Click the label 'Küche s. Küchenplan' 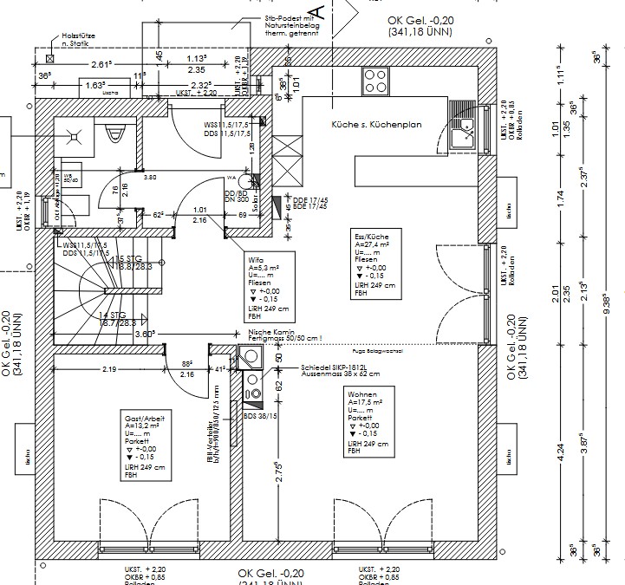coord(376,125)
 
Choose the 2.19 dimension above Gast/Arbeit coord(109,369)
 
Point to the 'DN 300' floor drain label coord(235,199)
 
